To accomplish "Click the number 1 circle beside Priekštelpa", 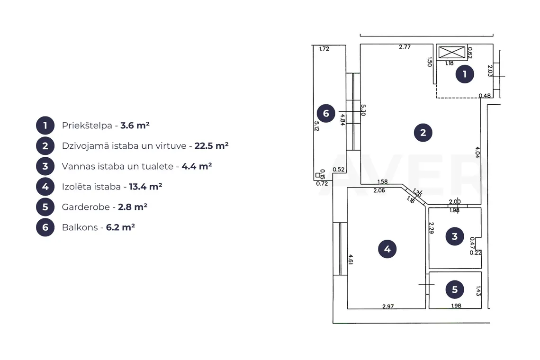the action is point(45,126).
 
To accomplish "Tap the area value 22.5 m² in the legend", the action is point(211,146).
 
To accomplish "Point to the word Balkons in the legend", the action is point(80,227).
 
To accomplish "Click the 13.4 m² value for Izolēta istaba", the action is point(145,187).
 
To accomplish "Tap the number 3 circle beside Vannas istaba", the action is point(45,166).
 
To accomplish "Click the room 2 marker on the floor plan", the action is point(423,133).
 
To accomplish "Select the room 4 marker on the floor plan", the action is point(387,249).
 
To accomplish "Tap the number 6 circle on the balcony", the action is point(326,113).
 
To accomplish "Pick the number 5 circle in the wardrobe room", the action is point(455,290).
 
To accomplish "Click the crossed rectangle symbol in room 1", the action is point(452,53).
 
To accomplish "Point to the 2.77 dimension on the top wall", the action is point(405,47).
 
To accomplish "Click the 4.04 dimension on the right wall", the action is point(477,152).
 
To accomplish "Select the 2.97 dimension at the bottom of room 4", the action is point(388,306).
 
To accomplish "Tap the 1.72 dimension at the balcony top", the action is point(324,49).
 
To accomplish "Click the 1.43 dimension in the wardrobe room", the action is point(478,291).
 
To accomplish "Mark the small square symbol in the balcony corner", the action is point(317,175).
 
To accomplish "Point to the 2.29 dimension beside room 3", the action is point(431,228).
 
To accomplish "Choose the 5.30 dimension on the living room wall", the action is point(363,110).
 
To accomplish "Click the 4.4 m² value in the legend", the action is point(197,166).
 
